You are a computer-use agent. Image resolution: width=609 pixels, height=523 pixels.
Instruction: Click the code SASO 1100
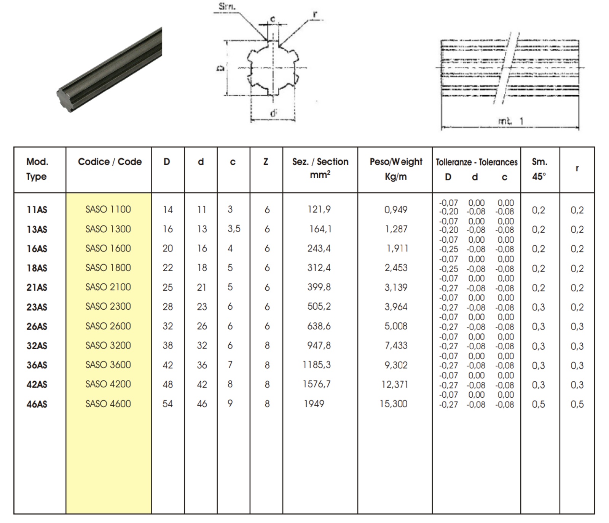108,210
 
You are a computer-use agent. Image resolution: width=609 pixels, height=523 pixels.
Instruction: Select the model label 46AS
37,404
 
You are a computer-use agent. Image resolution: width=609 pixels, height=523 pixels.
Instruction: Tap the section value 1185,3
317,365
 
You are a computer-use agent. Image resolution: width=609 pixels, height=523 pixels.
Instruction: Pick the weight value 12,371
395,385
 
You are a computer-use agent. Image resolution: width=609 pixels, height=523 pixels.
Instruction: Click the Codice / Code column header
110,162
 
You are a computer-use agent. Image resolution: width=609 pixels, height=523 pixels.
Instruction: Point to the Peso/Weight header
396,162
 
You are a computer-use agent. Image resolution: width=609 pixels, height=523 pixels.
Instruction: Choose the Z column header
266,162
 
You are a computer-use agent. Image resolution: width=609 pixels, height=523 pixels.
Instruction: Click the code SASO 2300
108,307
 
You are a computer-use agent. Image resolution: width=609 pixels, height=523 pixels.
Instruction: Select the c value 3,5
234,229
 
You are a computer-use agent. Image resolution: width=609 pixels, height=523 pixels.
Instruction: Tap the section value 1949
314,404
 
